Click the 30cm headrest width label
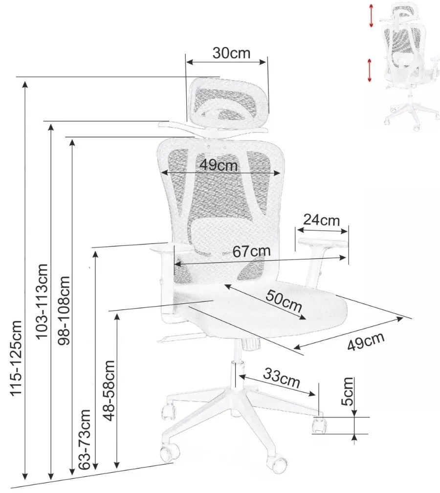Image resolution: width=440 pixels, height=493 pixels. (231, 53)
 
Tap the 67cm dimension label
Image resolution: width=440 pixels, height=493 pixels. (251, 251)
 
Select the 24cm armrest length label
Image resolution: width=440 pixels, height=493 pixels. (321, 220)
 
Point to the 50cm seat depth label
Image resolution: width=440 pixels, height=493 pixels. (284, 301)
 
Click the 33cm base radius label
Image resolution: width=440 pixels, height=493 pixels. (282, 378)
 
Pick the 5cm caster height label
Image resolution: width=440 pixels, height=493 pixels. (347, 391)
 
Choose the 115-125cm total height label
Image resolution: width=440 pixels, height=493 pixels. (16, 358)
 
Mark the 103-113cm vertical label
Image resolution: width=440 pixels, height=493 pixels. (42, 301)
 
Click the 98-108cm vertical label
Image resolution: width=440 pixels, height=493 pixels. (65, 311)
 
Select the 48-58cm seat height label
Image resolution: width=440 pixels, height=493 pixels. (110, 390)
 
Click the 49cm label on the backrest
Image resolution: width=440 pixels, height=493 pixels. (219, 165)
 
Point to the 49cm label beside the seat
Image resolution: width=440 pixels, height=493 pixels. (366, 341)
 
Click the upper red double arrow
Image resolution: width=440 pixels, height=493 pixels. (371, 15)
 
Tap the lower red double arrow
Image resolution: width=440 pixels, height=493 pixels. (370, 70)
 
